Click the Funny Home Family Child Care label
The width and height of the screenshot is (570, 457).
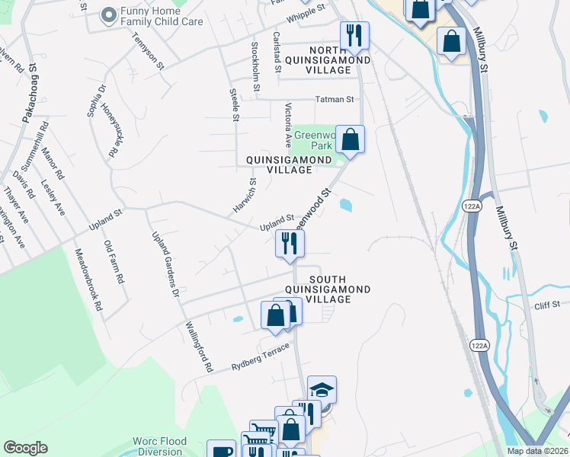[159, 17]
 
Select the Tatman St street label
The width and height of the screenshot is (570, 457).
[335, 99]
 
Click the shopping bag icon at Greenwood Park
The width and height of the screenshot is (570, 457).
[350, 139]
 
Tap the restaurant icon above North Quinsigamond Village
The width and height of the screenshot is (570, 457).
[354, 35]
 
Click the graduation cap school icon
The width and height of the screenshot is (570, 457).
[322, 389]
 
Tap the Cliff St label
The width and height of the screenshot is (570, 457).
[547, 305]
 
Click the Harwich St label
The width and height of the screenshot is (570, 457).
[244, 196]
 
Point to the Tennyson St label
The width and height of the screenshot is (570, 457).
[149, 51]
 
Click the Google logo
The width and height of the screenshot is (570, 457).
[26, 448]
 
